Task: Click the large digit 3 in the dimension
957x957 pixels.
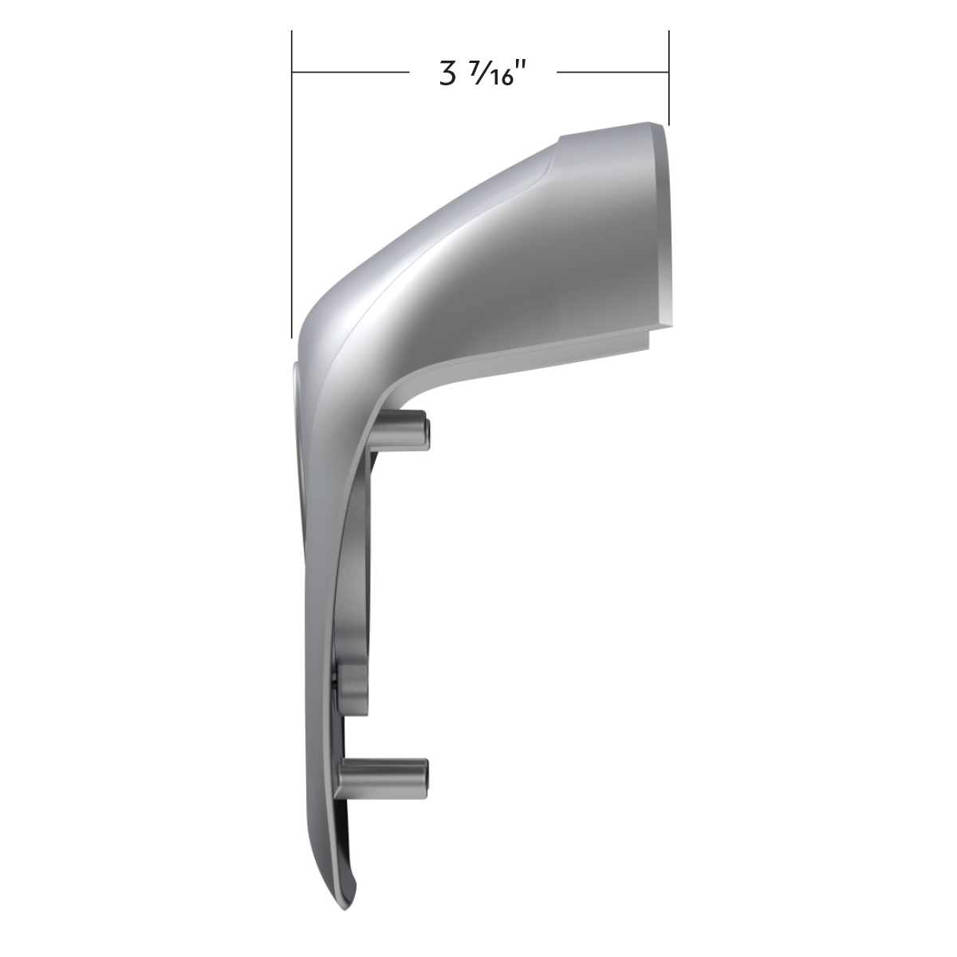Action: (445, 74)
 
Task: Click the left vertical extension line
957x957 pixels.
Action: (292, 199)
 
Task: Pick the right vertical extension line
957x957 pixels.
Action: (668, 80)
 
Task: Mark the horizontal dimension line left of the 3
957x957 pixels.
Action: (351, 73)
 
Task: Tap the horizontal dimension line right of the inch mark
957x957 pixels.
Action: (611, 73)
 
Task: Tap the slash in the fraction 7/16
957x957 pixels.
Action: (479, 74)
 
